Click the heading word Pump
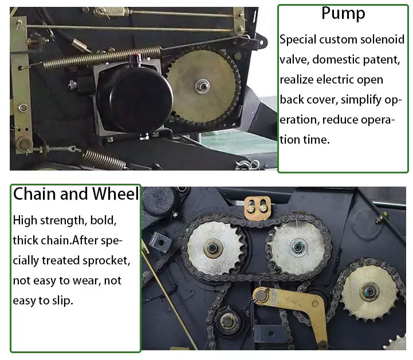[x=343, y=14]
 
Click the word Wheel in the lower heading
[x=115, y=194]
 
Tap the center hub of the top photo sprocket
[x=202, y=86]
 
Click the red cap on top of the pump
[x=136, y=57]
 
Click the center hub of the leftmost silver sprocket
[x=212, y=248]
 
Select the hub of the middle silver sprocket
[x=298, y=247]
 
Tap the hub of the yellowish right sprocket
[x=369, y=291]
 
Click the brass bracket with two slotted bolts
[x=257, y=208]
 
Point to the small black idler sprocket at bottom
[x=228, y=321]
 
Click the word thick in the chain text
[x=25, y=240]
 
